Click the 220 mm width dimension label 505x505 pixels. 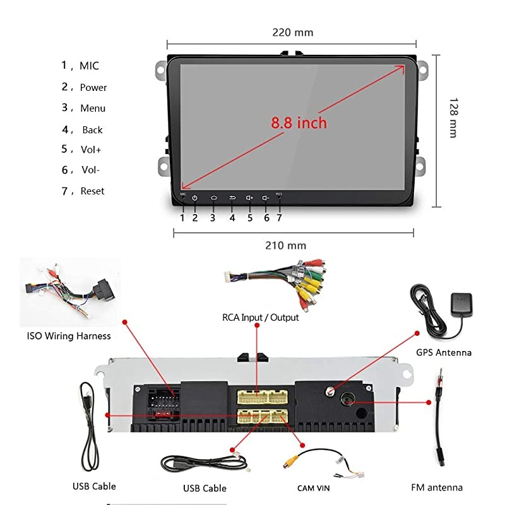(292, 33)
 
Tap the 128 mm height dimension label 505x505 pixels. (452, 117)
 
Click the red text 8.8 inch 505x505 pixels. (299, 122)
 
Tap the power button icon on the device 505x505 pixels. (195, 198)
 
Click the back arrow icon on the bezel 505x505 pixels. (232, 198)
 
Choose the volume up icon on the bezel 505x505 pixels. (249, 198)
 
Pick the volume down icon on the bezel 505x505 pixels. (266, 198)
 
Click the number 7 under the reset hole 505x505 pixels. (279, 218)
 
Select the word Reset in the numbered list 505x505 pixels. (92, 191)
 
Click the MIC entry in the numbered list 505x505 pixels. (89, 66)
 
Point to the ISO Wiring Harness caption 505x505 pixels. (69, 336)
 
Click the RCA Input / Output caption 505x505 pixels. (260, 317)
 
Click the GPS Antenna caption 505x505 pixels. (444, 352)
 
